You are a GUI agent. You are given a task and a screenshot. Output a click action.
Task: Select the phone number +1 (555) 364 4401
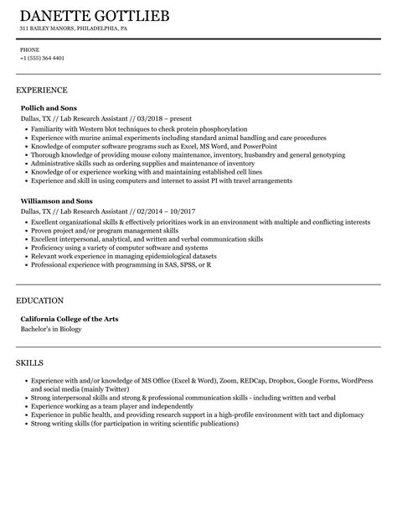(x=42, y=59)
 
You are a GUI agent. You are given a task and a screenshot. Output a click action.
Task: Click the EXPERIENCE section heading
(x=42, y=89)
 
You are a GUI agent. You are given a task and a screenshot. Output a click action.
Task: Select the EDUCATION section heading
(x=40, y=300)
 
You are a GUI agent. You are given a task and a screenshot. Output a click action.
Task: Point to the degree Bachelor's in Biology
(x=51, y=328)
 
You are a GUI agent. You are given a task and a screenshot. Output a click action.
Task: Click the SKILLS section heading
(x=32, y=362)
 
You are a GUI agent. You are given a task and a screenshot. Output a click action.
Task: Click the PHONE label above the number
(x=28, y=50)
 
